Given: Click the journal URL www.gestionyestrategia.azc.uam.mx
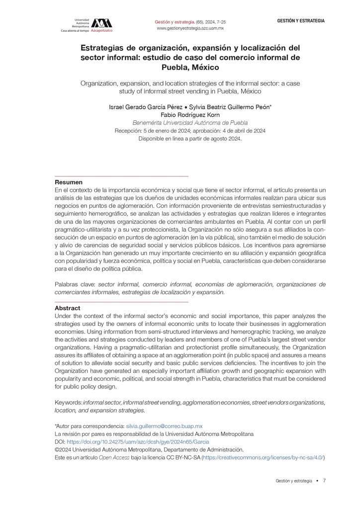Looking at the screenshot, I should [190, 29].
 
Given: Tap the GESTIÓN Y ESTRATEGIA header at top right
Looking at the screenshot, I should [301, 21].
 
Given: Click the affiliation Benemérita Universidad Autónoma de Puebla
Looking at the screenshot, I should [190, 123].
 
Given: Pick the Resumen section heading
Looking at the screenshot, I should [69, 182].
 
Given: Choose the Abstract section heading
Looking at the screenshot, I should [67, 308].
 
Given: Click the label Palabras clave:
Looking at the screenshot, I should [76, 285].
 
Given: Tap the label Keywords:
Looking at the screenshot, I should [68, 402].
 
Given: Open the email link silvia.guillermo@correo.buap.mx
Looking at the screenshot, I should [164, 426].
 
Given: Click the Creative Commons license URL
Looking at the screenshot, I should [264, 457].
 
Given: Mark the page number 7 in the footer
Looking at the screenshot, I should [324, 481].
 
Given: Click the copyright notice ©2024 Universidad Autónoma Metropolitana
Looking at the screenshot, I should [149, 449].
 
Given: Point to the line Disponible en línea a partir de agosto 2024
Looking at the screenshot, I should [190, 139].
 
